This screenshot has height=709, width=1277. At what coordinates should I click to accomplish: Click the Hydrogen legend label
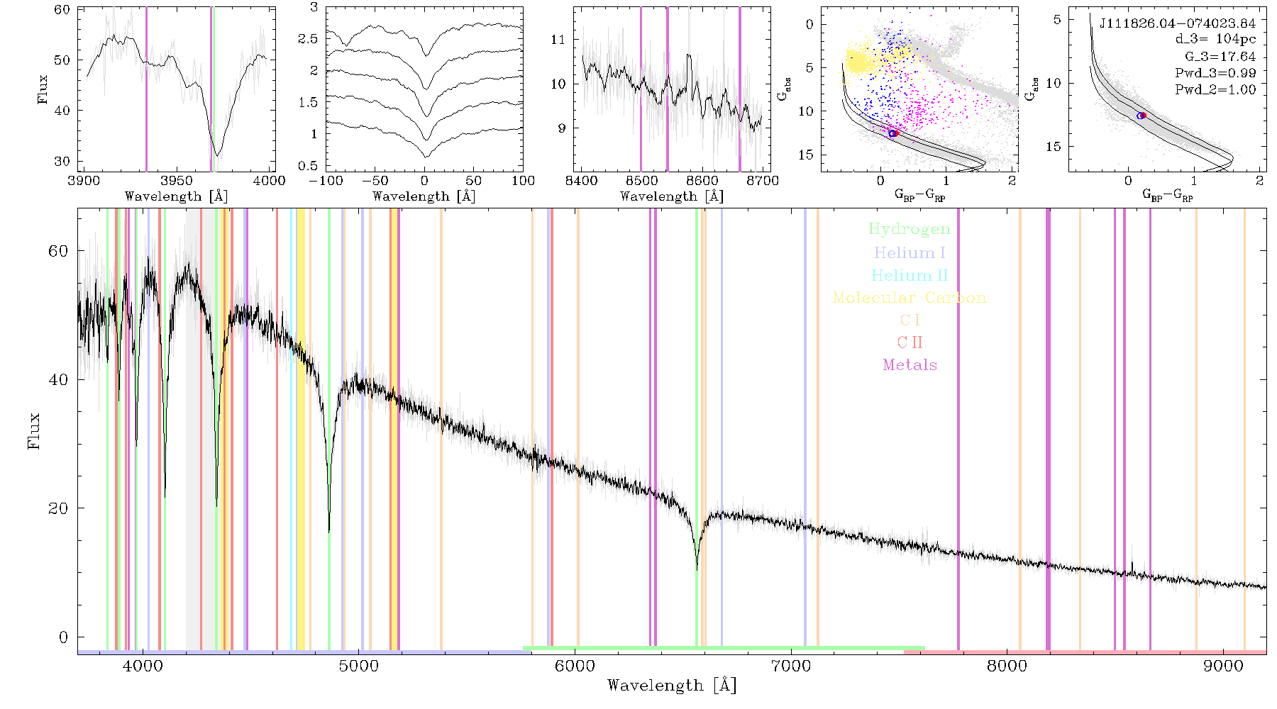(x=909, y=229)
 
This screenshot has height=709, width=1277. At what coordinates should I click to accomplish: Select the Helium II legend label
(x=909, y=275)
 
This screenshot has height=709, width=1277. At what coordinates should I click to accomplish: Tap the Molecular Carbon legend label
(x=910, y=298)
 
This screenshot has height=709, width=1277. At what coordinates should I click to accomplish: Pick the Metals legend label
(x=910, y=365)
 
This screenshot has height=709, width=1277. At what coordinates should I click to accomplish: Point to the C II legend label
(x=910, y=342)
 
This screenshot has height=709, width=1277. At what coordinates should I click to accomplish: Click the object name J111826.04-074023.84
(x=1177, y=23)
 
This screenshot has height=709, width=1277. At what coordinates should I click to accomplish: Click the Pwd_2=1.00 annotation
(x=1215, y=89)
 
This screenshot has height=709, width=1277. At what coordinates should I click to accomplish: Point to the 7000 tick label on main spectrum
(x=790, y=666)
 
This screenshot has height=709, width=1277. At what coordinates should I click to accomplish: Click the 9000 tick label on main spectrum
(x=1222, y=666)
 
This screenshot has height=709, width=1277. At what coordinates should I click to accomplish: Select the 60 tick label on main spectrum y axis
(x=58, y=251)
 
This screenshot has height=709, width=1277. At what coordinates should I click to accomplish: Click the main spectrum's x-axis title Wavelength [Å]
(x=672, y=685)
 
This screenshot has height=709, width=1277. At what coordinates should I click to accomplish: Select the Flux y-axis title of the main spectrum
(x=33, y=430)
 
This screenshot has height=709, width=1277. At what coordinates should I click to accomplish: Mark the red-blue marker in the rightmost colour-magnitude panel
(x=1141, y=116)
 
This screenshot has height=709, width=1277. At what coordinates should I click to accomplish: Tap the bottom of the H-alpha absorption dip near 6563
(x=697, y=569)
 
